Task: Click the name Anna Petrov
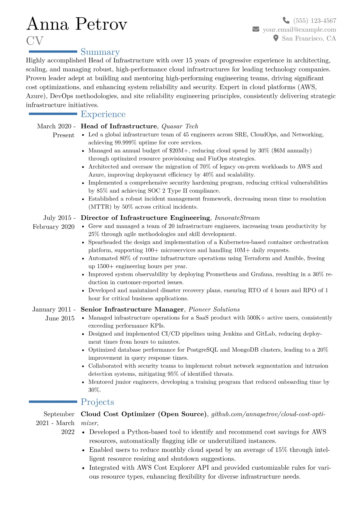coord(77,24)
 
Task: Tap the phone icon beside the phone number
coord(286,20)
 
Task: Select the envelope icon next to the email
coord(256,29)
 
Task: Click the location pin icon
coord(276,38)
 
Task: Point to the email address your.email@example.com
coord(299,30)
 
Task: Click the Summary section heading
coord(100,52)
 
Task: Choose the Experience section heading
coord(103,114)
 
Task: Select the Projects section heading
coord(97,402)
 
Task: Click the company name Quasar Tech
coord(180,126)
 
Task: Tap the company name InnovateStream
coord(237,218)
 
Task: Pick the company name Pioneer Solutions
coord(214,309)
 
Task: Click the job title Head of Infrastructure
coord(119,126)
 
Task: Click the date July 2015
coord(57,218)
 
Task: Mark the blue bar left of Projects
coord(53,402)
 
